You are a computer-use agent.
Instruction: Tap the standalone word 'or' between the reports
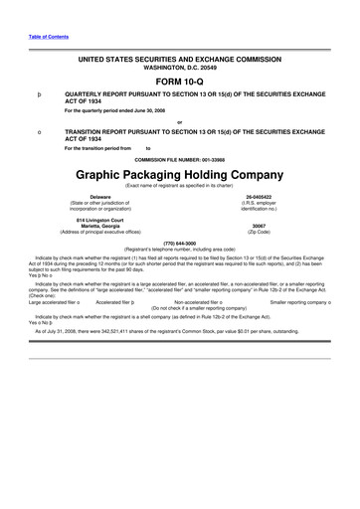click(179, 121)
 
